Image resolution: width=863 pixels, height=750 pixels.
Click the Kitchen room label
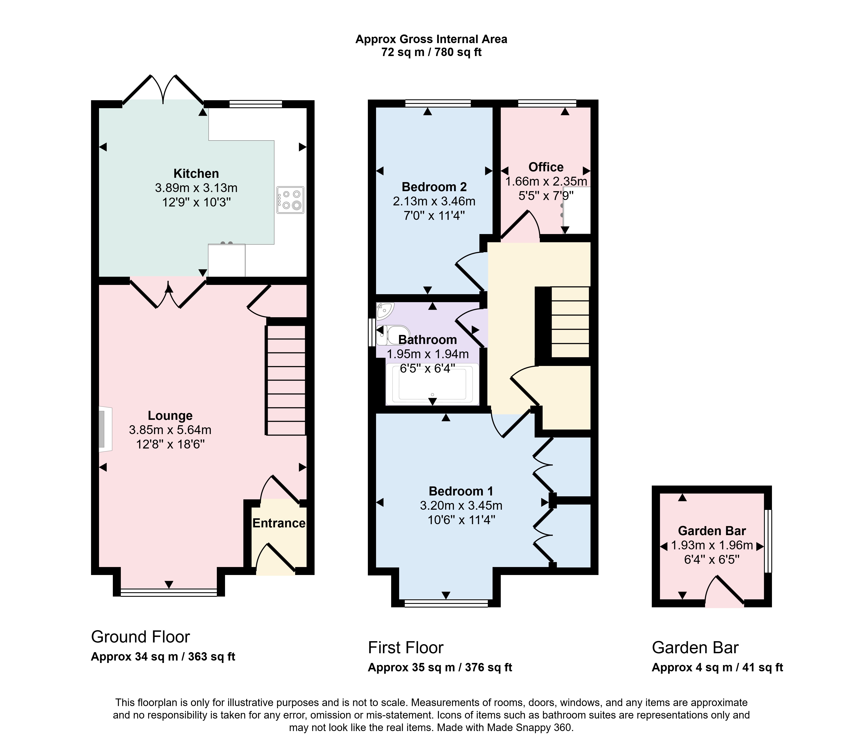(196, 173)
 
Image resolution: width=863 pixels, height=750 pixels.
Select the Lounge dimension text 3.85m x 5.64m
(170, 430)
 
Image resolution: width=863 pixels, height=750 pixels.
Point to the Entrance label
(279, 523)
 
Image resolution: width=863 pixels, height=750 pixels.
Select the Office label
(545, 167)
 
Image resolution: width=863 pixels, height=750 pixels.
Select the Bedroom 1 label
(461, 491)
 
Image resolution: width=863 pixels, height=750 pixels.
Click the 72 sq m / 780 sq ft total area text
(431, 52)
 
